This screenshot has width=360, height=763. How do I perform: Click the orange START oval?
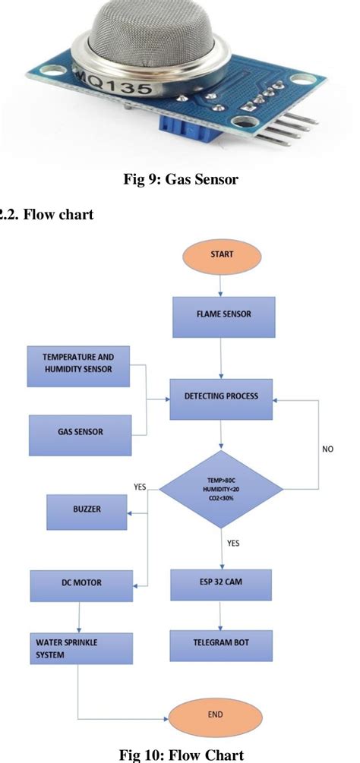222,255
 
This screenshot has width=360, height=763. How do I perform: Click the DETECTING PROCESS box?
221,397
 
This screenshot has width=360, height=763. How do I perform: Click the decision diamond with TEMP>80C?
221,486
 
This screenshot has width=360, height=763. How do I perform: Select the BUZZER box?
86,512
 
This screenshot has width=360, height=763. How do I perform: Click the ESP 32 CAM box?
221,584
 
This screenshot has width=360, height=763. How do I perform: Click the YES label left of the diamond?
140,487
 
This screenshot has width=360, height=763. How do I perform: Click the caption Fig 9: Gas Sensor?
180,180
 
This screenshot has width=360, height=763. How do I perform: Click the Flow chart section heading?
47,216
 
